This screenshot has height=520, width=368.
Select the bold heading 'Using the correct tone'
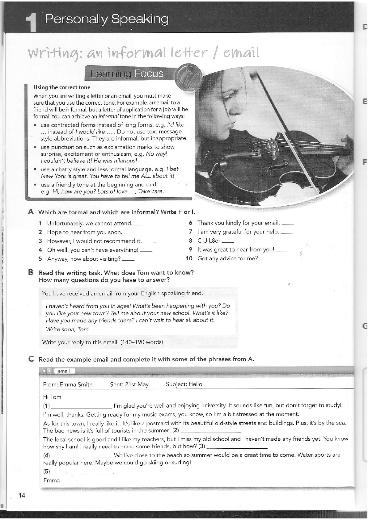(x=62, y=87)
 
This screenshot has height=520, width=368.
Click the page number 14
(x=22, y=495)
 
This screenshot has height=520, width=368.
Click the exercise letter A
(x=31, y=212)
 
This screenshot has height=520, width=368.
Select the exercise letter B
(x=31, y=272)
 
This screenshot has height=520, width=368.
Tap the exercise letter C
(x=31, y=359)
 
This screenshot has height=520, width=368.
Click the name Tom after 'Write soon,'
(x=83, y=329)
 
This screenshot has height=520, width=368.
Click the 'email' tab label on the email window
(x=64, y=371)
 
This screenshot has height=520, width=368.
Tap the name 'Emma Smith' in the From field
(x=76, y=384)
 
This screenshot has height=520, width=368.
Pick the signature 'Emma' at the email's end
(x=52, y=480)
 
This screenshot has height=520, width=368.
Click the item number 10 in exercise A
(x=189, y=258)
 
